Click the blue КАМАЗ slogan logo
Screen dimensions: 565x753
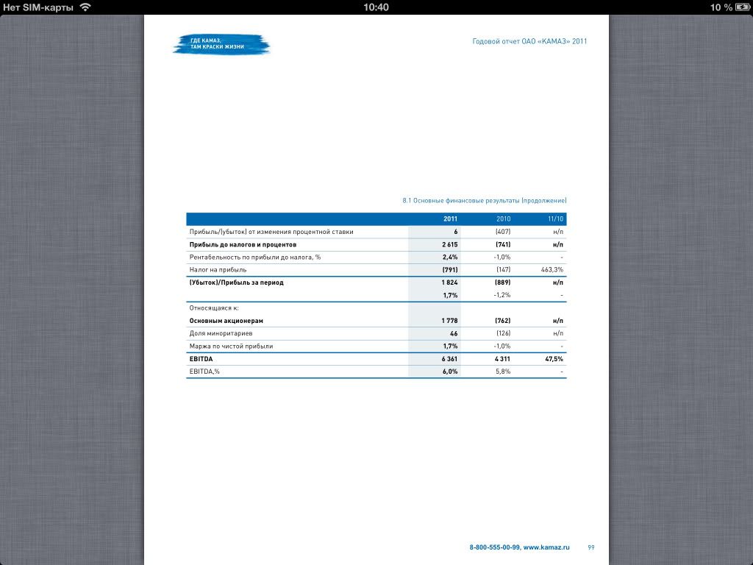(221, 43)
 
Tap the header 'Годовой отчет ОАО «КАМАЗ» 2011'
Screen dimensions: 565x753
(529, 42)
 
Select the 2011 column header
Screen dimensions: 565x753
(450, 219)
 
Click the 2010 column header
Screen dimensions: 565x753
(503, 219)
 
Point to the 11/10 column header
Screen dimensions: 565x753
(555, 219)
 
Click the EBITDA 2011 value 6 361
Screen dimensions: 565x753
(449, 359)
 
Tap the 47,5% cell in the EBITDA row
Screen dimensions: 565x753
(554, 359)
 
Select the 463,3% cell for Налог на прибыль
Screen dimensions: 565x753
(552, 270)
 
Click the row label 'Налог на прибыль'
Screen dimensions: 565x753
(218, 270)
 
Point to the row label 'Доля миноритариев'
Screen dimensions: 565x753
(219, 333)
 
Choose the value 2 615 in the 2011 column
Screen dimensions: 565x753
(449, 244)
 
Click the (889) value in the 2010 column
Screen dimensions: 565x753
(503, 282)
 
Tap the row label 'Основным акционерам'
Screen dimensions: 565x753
(226, 321)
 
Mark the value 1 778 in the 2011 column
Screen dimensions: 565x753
(449, 321)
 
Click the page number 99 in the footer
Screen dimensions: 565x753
(591, 547)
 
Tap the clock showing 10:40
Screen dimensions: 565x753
(376, 7)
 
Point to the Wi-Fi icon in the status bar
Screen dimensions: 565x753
(85, 7)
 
